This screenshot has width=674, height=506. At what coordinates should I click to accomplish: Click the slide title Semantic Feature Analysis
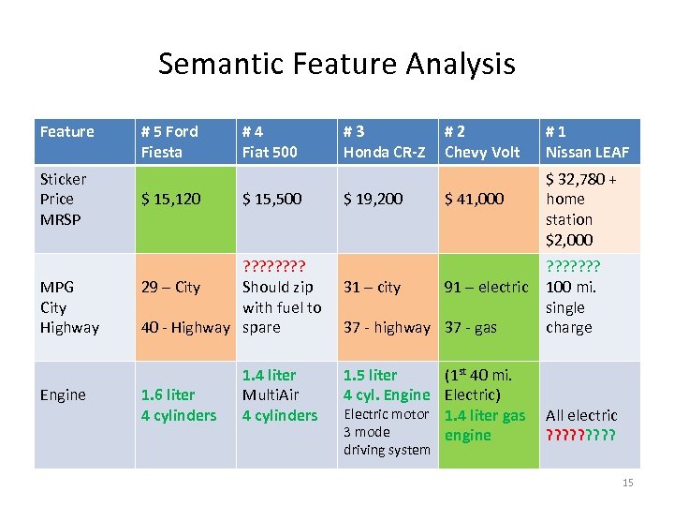tap(336, 64)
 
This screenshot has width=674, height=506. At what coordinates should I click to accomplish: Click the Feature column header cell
tap(67, 132)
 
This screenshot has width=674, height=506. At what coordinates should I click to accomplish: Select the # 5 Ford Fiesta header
tap(169, 141)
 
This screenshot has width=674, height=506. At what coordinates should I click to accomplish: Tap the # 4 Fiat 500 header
tap(270, 141)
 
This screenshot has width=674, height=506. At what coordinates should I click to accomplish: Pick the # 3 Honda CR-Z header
tap(384, 141)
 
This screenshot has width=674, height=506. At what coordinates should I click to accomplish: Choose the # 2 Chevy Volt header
tap(482, 141)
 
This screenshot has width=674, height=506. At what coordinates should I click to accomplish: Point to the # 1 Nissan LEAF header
tap(588, 141)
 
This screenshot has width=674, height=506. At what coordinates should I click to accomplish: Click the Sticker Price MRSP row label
tap(64, 199)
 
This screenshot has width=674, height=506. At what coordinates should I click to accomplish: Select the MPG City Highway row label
tap(69, 307)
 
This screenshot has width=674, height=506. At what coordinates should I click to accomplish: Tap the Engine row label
tap(63, 394)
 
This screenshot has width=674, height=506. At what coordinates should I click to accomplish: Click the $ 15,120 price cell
tap(170, 199)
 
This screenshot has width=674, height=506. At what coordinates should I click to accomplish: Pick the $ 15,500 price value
tap(272, 199)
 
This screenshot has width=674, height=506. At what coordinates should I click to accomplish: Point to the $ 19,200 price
tap(374, 199)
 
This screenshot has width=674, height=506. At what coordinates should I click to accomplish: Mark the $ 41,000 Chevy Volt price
tap(474, 199)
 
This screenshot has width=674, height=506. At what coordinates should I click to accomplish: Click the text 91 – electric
tap(485, 287)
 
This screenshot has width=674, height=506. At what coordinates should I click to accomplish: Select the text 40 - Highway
tap(184, 327)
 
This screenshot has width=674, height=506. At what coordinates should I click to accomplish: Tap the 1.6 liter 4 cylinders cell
tap(178, 405)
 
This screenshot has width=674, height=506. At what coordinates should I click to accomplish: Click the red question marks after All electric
tap(581, 435)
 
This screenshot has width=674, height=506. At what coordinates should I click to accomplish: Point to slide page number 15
tap(627, 483)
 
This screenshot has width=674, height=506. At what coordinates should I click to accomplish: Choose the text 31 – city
tap(373, 287)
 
